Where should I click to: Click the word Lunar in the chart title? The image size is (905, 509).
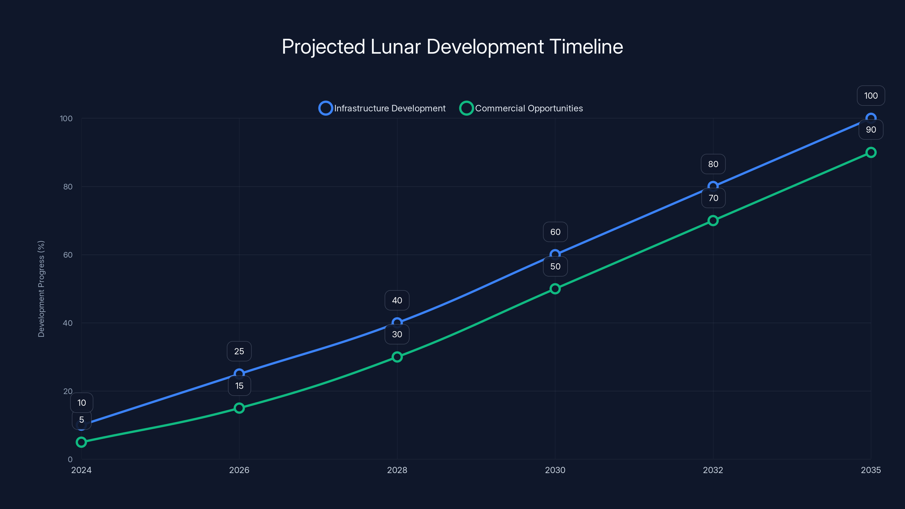pos(395,47)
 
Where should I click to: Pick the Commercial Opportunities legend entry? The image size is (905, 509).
pos(521,108)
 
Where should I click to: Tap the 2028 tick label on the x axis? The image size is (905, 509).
pos(397,470)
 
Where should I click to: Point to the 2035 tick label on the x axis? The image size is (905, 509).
pos(870,470)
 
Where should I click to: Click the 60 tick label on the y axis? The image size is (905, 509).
pos(68,255)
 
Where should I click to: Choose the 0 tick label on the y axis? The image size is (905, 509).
pos(70,459)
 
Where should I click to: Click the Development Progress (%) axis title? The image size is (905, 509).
pos(41,289)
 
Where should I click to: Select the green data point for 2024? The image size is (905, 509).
pos(81,442)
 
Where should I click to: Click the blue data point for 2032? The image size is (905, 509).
pos(713,186)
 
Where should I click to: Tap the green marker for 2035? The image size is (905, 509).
pos(870,152)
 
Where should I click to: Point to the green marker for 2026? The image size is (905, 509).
pos(239,408)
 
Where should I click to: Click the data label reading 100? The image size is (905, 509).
pos(870,96)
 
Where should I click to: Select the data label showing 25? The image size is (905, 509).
pos(239,351)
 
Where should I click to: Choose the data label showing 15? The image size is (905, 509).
pos(239,386)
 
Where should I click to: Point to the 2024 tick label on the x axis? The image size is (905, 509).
pos(81,470)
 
